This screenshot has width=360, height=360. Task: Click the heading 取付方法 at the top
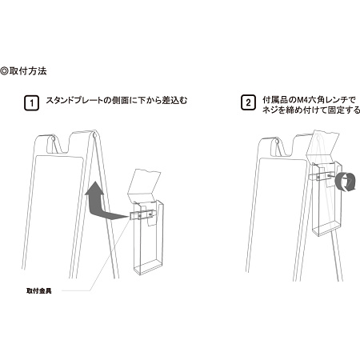pyautogui.click(x=31, y=71)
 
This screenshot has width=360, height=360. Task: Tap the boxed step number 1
pyautogui.click(x=31, y=103)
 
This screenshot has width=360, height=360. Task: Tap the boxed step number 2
pyautogui.click(x=247, y=103)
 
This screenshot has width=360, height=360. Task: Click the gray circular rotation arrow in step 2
pyautogui.click(x=347, y=182)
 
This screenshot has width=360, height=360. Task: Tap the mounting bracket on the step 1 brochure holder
pyautogui.click(x=141, y=214)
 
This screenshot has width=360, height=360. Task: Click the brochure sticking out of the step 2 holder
pyautogui.click(x=324, y=152)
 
